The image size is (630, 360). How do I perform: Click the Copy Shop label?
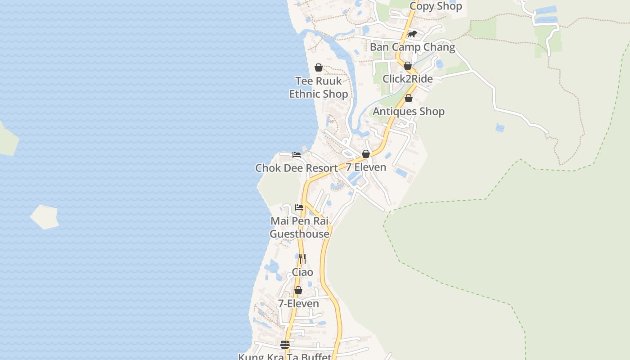coord(435,6)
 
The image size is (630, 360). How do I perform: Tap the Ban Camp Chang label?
coord(412,47)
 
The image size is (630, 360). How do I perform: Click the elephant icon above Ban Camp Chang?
coord(412,34)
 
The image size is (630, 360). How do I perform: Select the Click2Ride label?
coord(407,79)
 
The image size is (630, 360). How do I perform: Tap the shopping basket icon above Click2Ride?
coord(408,66)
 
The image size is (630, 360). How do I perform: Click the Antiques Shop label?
coord(409,112)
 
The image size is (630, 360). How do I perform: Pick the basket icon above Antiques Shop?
coord(409,98)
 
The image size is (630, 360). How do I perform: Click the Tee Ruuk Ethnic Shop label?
coord(318,87)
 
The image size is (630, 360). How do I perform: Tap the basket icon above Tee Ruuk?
coord(319,67)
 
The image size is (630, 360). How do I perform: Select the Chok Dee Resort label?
coord(297,168)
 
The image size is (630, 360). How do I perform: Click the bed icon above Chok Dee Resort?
coord(297,155)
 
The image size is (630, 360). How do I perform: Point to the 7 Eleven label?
coord(366,167)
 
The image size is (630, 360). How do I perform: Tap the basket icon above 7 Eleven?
coord(366,154)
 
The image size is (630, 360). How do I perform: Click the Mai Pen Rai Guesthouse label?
coord(299,227)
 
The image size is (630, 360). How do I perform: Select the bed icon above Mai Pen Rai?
coord(299,207)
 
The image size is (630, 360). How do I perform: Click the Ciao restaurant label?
coord(302,272)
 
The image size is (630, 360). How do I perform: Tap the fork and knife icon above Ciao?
coord(302,259)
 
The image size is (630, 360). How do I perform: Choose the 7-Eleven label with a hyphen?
coord(298,304)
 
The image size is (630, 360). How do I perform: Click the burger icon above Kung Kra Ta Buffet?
coord(285,345)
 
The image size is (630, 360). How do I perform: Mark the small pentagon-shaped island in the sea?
coord(45,217)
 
